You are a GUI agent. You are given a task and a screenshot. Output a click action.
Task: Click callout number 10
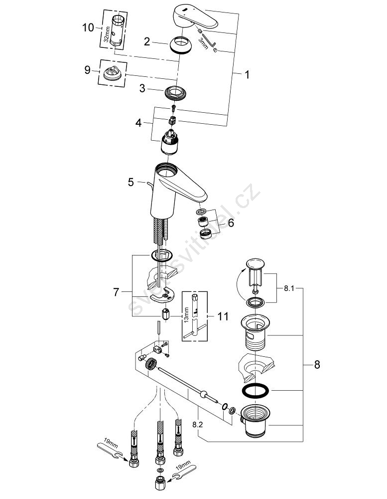pos(88,27)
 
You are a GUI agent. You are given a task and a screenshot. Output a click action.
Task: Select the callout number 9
pos(88,70)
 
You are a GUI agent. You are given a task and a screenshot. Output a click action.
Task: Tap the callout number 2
pos(147,42)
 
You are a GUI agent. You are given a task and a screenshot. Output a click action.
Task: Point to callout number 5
pos(131,182)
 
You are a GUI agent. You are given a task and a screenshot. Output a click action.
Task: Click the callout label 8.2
pos(198,425)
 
